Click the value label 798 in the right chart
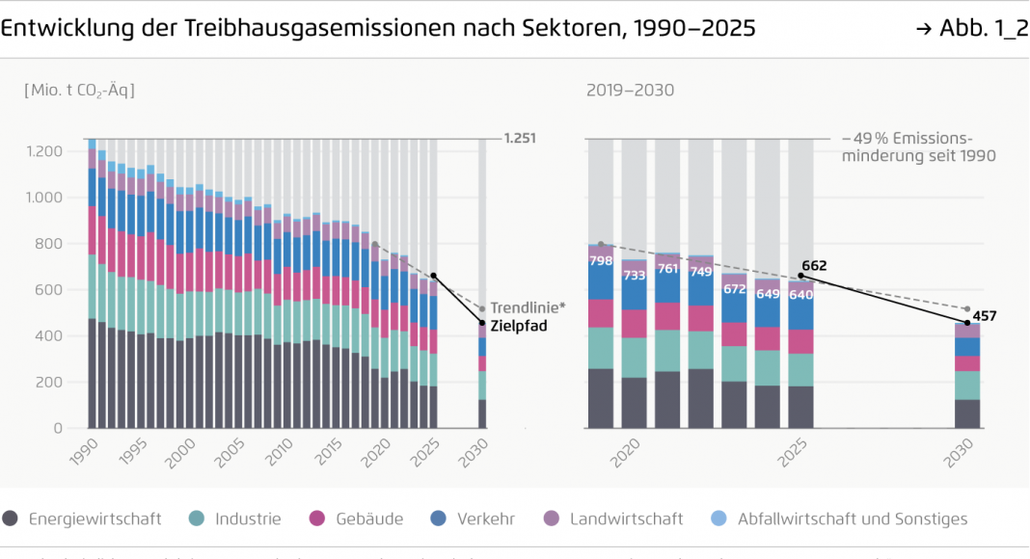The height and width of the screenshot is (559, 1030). tap(601, 260)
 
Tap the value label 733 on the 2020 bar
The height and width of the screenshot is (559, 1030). tap(634, 275)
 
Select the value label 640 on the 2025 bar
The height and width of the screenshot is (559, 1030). tap(800, 296)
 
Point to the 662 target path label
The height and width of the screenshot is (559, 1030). tap(814, 266)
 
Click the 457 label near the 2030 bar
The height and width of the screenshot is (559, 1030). tap(984, 315)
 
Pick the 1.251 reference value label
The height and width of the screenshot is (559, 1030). tap(519, 139)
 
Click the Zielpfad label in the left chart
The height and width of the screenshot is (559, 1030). tap(519, 326)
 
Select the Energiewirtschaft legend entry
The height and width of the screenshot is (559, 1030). tap(95, 519)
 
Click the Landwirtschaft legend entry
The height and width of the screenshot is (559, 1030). tap(626, 519)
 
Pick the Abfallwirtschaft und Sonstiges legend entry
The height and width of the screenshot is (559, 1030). tap(852, 519)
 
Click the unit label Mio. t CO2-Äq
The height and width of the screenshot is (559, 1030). tap(79, 91)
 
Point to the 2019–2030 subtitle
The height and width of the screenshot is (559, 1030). tap(630, 91)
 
